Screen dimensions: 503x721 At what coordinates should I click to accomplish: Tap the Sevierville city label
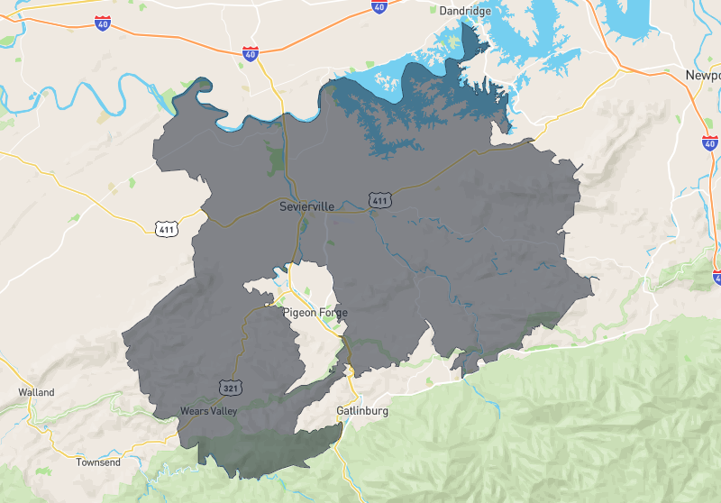(x=306, y=206)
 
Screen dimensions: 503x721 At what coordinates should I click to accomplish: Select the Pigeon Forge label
(x=315, y=313)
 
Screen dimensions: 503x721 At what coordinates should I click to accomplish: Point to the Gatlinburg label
(x=362, y=411)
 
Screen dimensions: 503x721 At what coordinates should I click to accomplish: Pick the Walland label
(x=36, y=392)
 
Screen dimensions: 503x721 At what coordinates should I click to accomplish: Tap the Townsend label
(x=97, y=462)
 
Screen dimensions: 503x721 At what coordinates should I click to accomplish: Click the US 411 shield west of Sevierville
(x=166, y=227)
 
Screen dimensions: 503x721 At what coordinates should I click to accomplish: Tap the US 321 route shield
(x=230, y=388)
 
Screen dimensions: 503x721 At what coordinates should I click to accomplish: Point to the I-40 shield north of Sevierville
(x=251, y=53)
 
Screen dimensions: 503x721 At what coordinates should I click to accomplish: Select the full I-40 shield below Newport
(x=709, y=142)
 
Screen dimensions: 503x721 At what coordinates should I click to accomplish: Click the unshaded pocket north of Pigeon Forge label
(x=311, y=279)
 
